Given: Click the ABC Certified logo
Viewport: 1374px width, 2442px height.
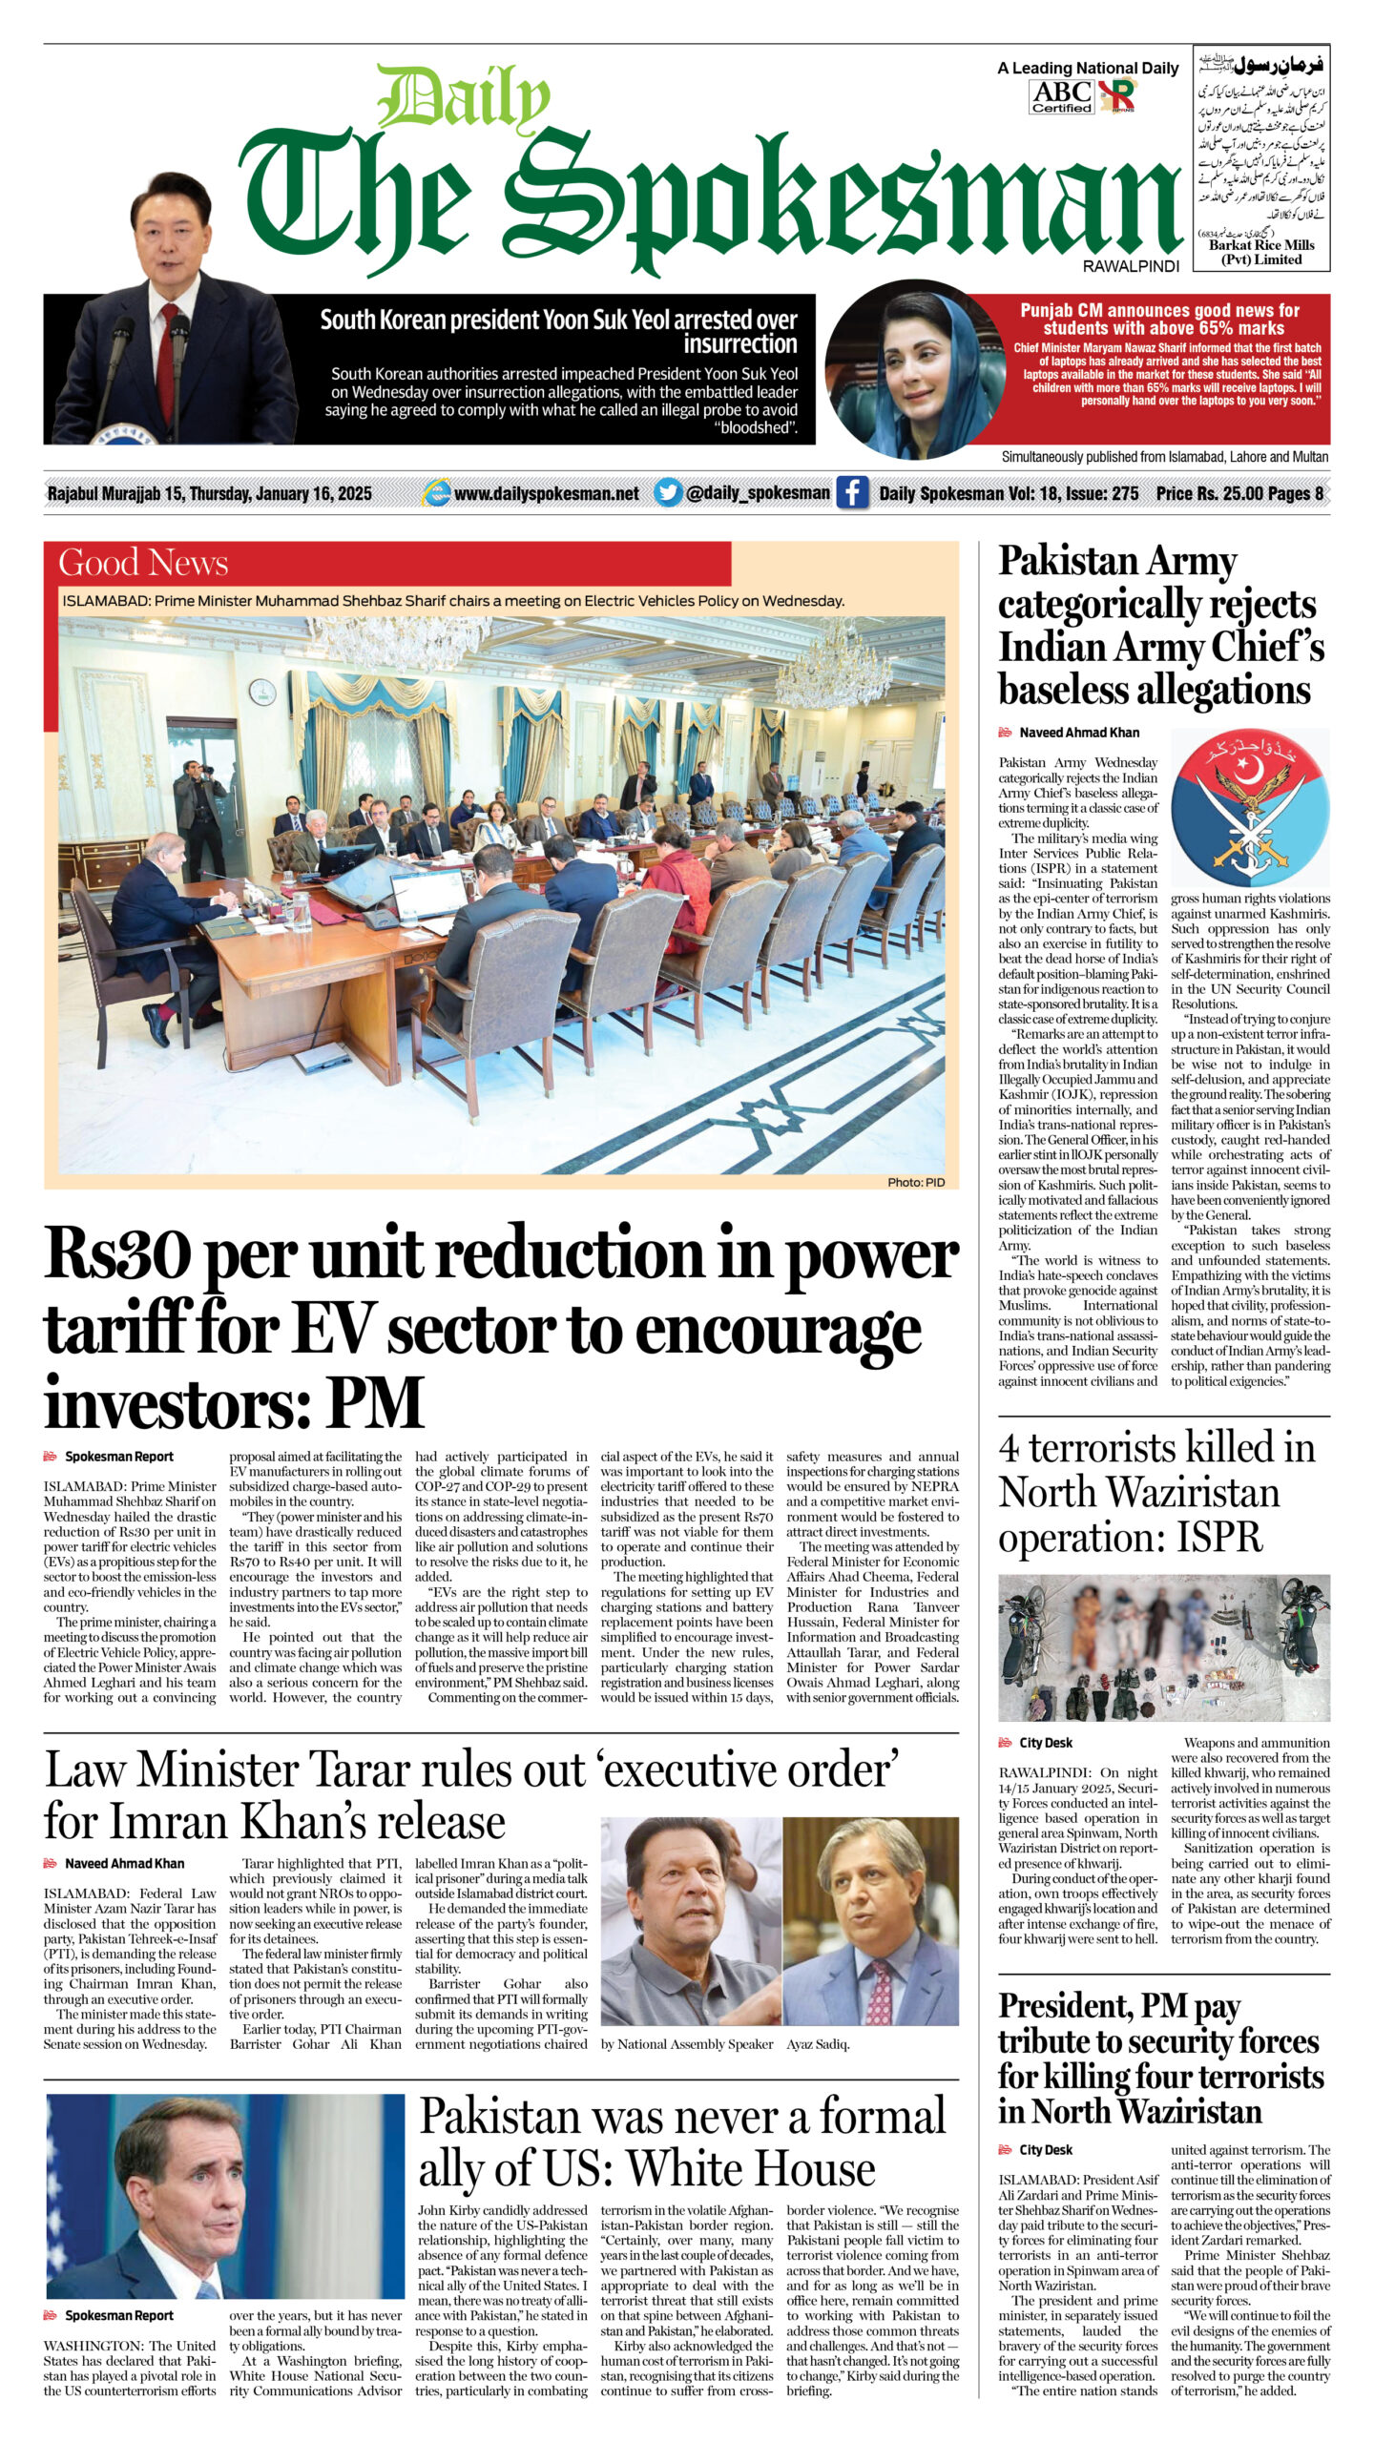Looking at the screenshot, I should click(x=1061, y=95).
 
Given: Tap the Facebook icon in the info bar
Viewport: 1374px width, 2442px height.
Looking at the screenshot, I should click(x=852, y=493).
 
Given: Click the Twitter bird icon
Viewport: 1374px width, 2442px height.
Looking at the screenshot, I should click(x=668, y=492).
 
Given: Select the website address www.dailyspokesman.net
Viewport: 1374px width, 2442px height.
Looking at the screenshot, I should click(x=546, y=493).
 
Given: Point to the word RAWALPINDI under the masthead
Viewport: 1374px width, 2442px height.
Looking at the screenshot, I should click(x=1131, y=266).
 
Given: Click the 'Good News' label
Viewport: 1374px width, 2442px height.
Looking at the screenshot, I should click(x=143, y=563).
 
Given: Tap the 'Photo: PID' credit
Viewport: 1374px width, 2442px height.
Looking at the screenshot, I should click(x=915, y=1182).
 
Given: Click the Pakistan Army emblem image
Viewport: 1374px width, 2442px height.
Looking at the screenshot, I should click(x=1249, y=808).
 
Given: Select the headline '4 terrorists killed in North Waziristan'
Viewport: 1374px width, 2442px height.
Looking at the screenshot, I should click(x=1156, y=1493).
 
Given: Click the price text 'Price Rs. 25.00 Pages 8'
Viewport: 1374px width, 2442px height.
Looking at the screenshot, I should click(x=1239, y=493).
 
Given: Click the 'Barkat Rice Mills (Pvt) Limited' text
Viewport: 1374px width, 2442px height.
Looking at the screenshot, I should click(x=1261, y=252).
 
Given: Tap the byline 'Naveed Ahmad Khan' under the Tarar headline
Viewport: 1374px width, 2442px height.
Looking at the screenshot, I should click(x=124, y=1863).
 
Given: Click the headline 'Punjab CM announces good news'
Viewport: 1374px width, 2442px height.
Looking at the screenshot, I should click(x=1159, y=319).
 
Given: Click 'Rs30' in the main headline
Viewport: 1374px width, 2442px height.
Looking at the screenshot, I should click(x=116, y=1255).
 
